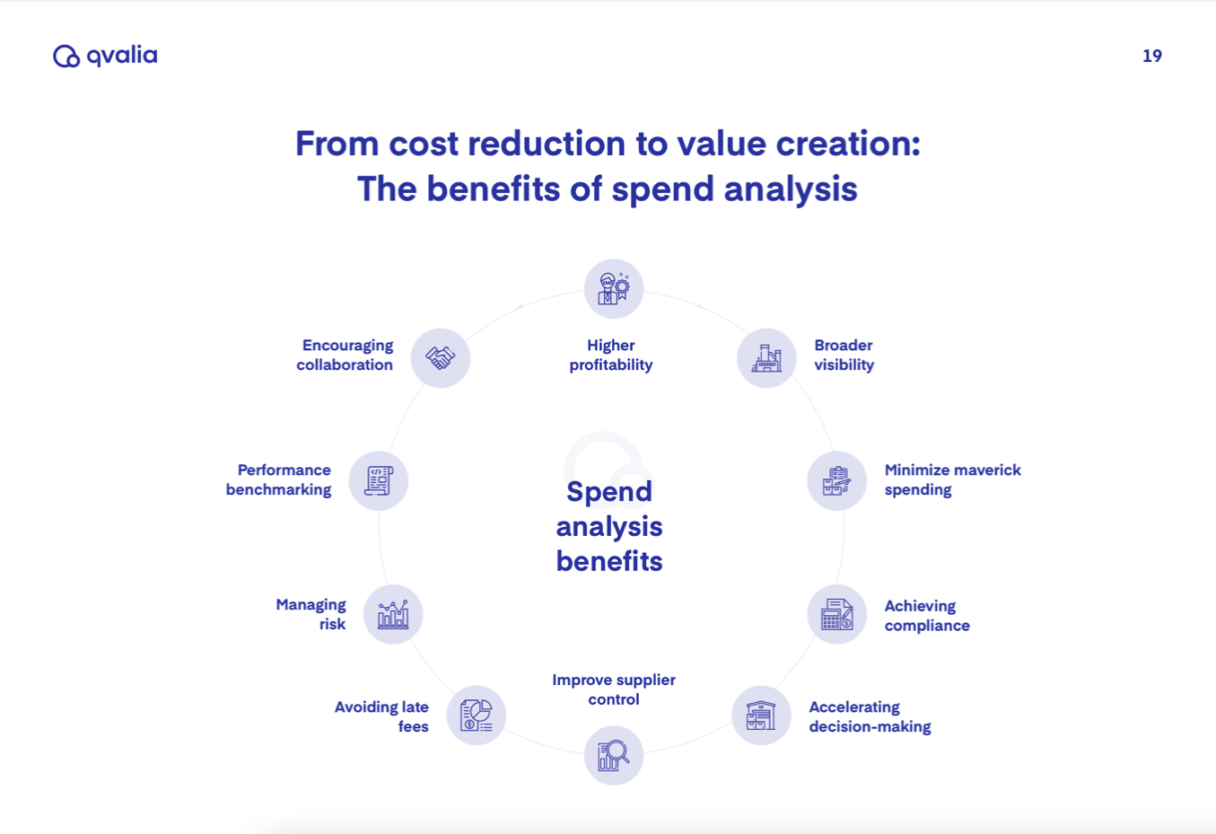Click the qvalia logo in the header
click(x=105, y=56)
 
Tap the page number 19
click(x=1151, y=56)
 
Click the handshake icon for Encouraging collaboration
click(x=440, y=358)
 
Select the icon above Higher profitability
click(x=614, y=289)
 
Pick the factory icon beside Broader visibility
click(x=766, y=358)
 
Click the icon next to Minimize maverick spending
click(x=836, y=481)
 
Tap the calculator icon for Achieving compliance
click(x=836, y=615)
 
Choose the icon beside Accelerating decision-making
click(x=761, y=715)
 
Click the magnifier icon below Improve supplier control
click(x=614, y=755)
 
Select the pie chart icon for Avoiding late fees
click(x=477, y=715)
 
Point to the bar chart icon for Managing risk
click(x=393, y=615)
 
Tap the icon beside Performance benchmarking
click(x=379, y=481)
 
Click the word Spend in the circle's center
click(x=609, y=492)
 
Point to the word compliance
click(x=927, y=626)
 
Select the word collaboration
click(x=345, y=365)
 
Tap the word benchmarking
click(x=278, y=490)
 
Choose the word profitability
click(x=611, y=365)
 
